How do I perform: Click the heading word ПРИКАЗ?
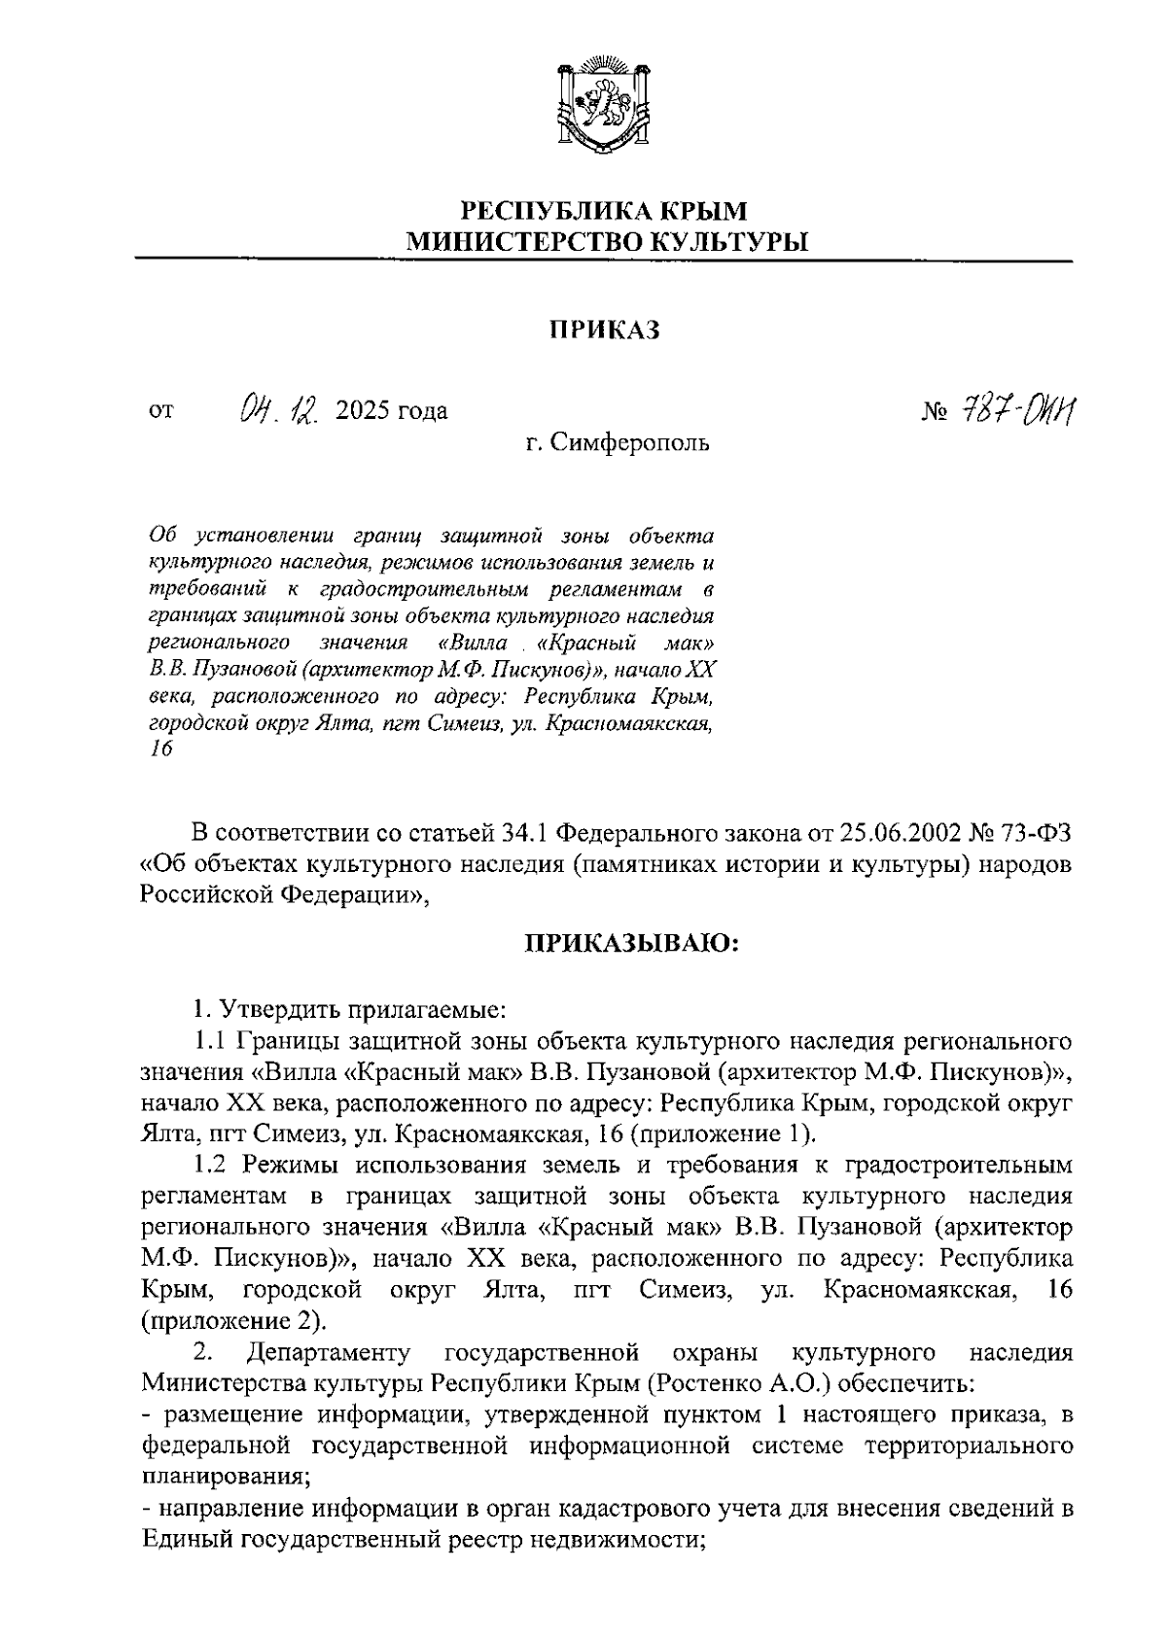tap(602, 331)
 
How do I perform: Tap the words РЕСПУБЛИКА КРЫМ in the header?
tap(605, 210)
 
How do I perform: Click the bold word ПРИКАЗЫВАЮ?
tap(632, 943)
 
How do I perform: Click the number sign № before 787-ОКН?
tap(934, 412)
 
